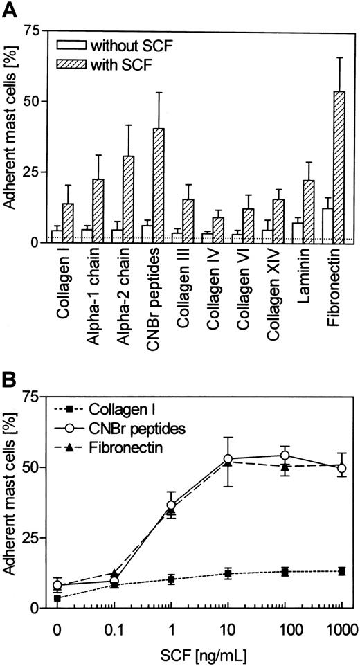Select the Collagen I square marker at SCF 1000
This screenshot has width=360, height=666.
341,571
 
